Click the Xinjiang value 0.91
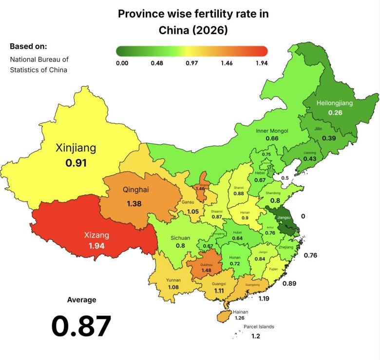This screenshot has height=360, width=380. click(x=76, y=162)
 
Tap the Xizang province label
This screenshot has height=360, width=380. click(x=96, y=235)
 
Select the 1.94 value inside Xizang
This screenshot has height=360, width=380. click(x=96, y=245)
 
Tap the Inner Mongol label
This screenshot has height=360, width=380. click(x=272, y=131)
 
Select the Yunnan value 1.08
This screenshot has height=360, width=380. click(x=173, y=287)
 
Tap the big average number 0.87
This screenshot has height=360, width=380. click(x=81, y=326)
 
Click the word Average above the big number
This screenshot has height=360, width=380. click(x=81, y=300)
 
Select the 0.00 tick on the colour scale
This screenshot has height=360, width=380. click(x=122, y=63)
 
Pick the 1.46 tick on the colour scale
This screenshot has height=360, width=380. click(x=227, y=63)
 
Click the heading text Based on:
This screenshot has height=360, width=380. click(x=28, y=46)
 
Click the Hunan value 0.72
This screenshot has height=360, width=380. click(x=235, y=263)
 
